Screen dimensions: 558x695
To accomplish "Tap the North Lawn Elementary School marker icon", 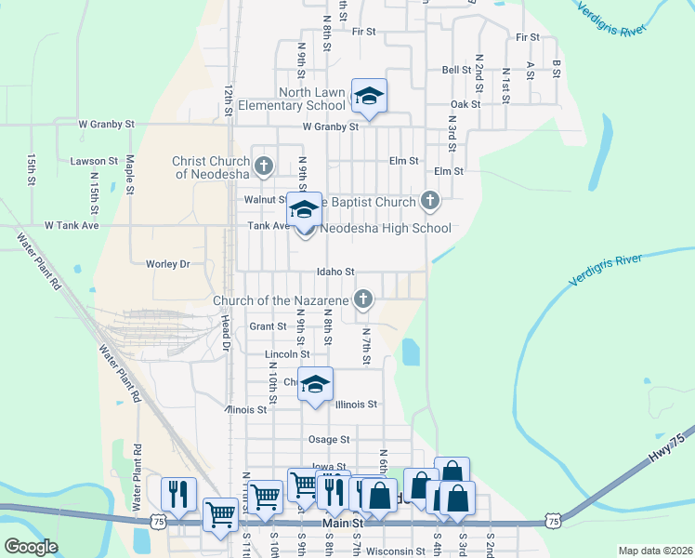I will point(369,96).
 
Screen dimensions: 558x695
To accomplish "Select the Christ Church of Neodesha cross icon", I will point(264,166).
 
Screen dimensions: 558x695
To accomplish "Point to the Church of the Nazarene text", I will point(281,300).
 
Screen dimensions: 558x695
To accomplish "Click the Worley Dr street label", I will point(167,264).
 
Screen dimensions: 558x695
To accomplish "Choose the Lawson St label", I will point(89,161).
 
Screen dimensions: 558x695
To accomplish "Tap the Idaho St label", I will point(336,272).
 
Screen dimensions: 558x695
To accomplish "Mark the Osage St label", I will point(329,439).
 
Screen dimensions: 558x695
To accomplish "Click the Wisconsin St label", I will point(395,551).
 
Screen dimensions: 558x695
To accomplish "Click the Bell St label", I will point(456,70).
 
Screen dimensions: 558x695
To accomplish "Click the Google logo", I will point(31,547).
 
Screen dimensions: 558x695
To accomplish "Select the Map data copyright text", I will point(654,551).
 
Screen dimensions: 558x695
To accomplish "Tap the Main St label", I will point(341,525).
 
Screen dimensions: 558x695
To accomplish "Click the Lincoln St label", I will point(287,354).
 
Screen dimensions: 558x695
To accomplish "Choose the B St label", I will point(557,68).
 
